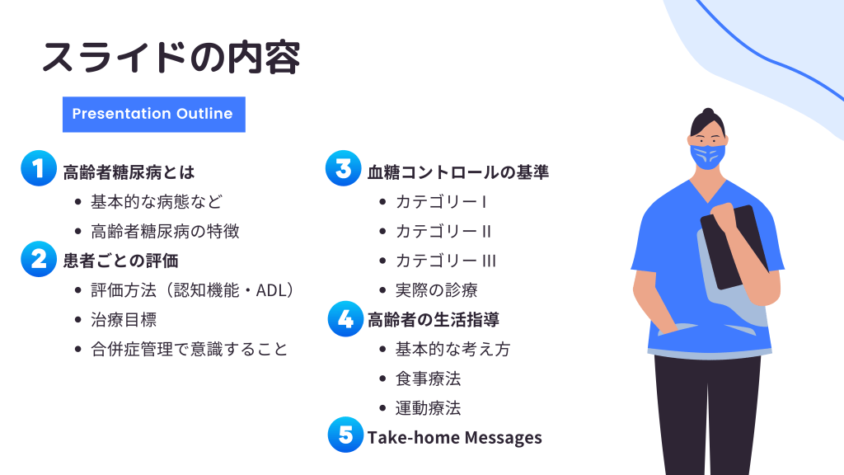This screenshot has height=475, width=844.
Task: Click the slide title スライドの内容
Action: pos(171,57)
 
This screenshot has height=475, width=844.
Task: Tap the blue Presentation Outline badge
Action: pos(154,114)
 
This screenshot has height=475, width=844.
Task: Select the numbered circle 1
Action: pos(39,168)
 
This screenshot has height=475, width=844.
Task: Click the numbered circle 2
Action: pos(39,259)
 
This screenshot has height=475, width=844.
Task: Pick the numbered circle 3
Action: pos(344,168)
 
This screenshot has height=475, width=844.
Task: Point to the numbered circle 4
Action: pos(345,319)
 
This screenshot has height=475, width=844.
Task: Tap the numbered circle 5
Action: pos(345,435)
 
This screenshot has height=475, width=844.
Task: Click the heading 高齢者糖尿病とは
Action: pos(129,172)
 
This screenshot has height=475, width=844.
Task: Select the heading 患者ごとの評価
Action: pos(120,261)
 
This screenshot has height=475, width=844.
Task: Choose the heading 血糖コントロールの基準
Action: pos(458,172)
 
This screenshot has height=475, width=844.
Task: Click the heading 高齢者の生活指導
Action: pos(434,320)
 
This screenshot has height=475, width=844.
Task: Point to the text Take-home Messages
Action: pos(454,438)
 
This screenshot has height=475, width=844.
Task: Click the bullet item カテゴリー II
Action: pos(443,232)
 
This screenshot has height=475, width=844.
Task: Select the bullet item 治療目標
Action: pos(124,320)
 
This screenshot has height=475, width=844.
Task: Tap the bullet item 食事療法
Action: pos(429,379)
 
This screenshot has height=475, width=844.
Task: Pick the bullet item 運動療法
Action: pos(429,408)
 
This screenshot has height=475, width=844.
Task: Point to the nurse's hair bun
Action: pos(708,112)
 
